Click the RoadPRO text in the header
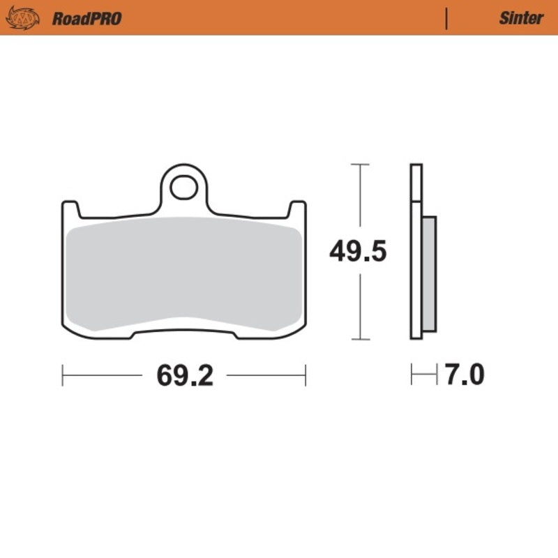pos(86,18)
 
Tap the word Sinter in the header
pos(520,18)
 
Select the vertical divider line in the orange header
pos(446,18)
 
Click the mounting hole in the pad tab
pos(184,186)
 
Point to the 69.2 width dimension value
pos(184,376)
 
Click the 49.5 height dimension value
pos(358,252)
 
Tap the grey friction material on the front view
pos(184,272)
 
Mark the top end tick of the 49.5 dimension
pos(359,165)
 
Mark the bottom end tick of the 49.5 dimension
pos(359,340)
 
